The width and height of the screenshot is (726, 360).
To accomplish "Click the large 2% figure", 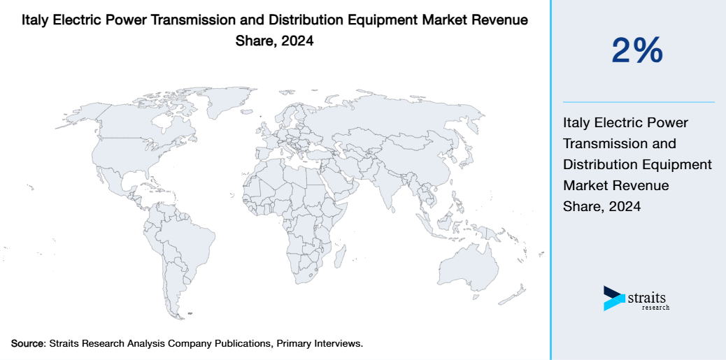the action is pyautogui.click(x=637, y=51).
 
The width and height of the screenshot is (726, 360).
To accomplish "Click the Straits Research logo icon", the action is pyautogui.click(x=613, y=298).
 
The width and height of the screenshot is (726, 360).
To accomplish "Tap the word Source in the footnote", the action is pyautogui.click(x=27, y=344).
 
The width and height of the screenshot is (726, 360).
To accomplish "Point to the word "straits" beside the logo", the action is pyautogui.click(x=647, y=296).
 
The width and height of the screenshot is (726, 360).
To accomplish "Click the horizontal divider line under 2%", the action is pyautogui.click(x=639, y=102).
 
